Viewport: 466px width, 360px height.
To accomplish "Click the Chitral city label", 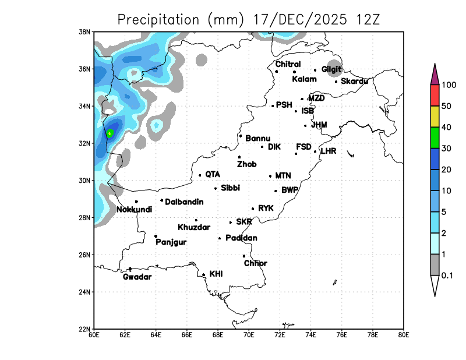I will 288,64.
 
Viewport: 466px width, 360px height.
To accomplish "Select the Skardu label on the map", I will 354,81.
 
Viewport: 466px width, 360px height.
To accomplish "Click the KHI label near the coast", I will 216,273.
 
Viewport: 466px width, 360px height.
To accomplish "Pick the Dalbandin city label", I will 184,202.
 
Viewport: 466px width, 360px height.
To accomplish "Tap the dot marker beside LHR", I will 315,151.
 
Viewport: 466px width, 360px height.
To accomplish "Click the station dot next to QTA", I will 200,175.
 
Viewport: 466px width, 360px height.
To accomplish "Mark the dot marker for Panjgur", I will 156,236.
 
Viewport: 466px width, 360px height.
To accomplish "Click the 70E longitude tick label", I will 249,334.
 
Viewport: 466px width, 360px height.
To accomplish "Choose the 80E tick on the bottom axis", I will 404,334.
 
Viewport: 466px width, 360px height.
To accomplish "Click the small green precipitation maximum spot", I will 110,133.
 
